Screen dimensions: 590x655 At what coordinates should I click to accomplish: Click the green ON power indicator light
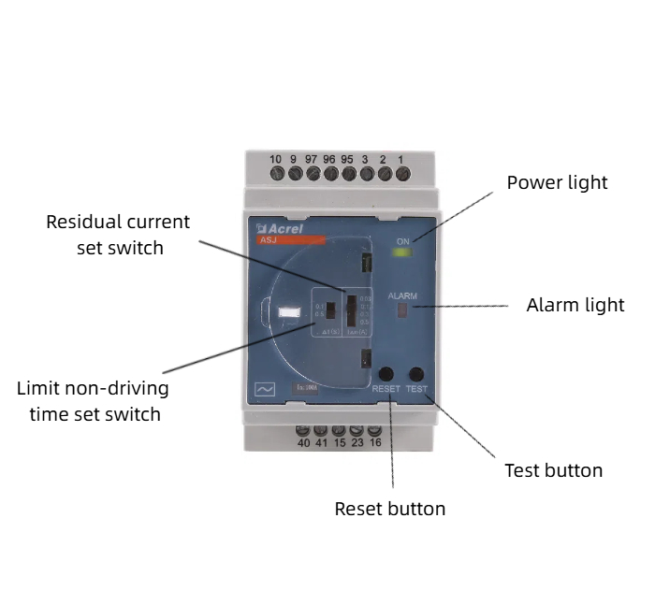[403, 252]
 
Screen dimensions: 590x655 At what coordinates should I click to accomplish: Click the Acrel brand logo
[279, 228]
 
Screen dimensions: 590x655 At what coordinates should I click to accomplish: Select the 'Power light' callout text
[557, 182]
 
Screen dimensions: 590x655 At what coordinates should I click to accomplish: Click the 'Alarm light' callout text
[575, 305]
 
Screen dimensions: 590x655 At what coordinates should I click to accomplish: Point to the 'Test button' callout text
[553, 469]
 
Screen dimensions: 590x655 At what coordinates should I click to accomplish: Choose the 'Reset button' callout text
[389, 509]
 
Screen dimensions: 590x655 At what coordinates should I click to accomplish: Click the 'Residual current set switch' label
[119, 235]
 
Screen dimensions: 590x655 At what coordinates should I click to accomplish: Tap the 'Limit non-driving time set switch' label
[94, 400]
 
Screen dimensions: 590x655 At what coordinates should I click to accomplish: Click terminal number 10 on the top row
[276, 172]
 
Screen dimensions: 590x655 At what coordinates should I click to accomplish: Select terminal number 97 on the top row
[311, 172]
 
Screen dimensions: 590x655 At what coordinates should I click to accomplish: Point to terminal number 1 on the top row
[400, 172]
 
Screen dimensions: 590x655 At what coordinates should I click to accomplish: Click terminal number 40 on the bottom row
[303, 432]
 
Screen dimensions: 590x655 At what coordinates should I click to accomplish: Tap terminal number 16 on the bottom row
[374, 432]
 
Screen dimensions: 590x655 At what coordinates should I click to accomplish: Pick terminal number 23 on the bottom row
[357, 432]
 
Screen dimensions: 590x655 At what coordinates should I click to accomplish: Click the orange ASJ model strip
[291, 240]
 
